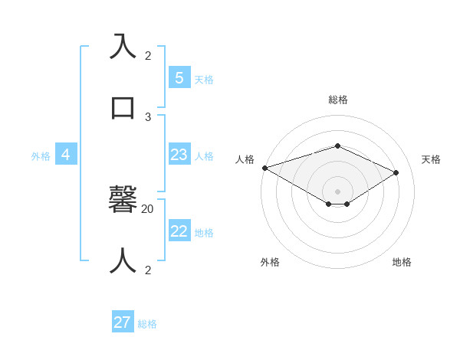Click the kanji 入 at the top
123,47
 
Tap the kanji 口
123,107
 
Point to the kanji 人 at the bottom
123,260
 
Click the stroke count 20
148,208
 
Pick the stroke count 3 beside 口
148,116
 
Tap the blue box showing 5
179,77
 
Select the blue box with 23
179,155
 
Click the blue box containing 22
179,231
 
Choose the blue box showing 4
65,155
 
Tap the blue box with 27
122,322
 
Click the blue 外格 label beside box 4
41,156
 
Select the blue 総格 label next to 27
147,324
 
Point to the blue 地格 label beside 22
204,233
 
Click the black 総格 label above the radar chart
338,100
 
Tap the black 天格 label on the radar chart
431,159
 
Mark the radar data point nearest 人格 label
264,168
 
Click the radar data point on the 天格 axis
396,172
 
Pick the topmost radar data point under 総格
338,146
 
